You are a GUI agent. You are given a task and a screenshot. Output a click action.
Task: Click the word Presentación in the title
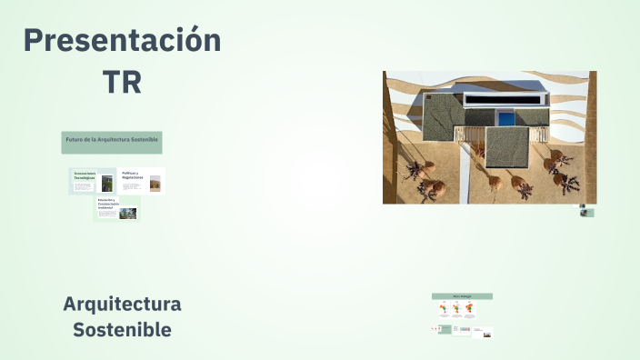pyautogui.click(x=122, y=41)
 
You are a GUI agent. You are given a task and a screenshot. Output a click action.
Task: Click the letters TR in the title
pyautogui.click(x=122, y=82)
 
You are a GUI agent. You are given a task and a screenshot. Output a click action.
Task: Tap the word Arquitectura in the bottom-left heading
pyautogui.click(x=122, y=304)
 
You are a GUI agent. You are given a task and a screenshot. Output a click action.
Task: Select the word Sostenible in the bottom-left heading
pyautogui.click(x=122, y=329)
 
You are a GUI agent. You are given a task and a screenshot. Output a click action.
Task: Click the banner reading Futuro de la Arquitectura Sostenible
pyautogui.click(x=112, y=141)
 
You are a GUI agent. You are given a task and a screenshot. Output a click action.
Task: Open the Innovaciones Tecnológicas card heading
pyautogui.click(x=85, y=175)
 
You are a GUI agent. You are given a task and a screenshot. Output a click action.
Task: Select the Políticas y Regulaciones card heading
pyautogui.click(x=133, y=175)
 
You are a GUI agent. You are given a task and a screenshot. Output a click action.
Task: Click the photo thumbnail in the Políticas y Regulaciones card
pyautogui.click(x=155, y=183)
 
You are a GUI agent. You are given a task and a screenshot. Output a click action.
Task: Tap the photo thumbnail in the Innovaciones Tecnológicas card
pyautogui.click(x=107, y=183)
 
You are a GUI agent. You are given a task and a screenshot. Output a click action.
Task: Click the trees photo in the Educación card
pyautogui.click(x=128, y=214)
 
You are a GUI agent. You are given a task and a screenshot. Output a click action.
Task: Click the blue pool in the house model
pyautogui.click(x=505, y=117)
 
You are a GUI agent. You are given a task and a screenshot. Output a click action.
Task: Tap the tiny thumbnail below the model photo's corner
pyautogui.click(x=587, y=213)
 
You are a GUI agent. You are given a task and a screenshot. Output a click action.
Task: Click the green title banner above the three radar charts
pyautogui.click(x=462, y=296)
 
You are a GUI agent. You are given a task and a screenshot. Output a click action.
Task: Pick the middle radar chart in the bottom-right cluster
pyautogui.click(x=455, y=308)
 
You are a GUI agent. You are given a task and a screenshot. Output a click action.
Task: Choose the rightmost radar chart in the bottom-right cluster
pyautogui.click(x=469, y=308)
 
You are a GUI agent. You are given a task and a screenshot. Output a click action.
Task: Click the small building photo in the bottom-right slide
pyautogui.click(x=487, y=334)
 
